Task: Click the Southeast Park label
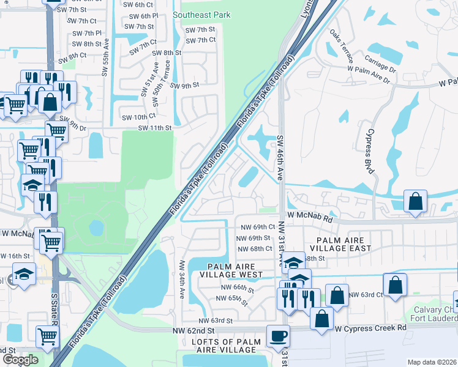201,14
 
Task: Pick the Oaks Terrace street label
341,46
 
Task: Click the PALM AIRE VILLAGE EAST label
340,244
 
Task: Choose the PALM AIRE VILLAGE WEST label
235,271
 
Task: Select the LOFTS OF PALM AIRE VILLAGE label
223,345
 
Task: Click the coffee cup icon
278,336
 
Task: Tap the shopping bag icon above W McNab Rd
416,202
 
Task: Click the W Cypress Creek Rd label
370,328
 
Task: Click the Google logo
20,360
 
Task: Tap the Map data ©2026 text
432,362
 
